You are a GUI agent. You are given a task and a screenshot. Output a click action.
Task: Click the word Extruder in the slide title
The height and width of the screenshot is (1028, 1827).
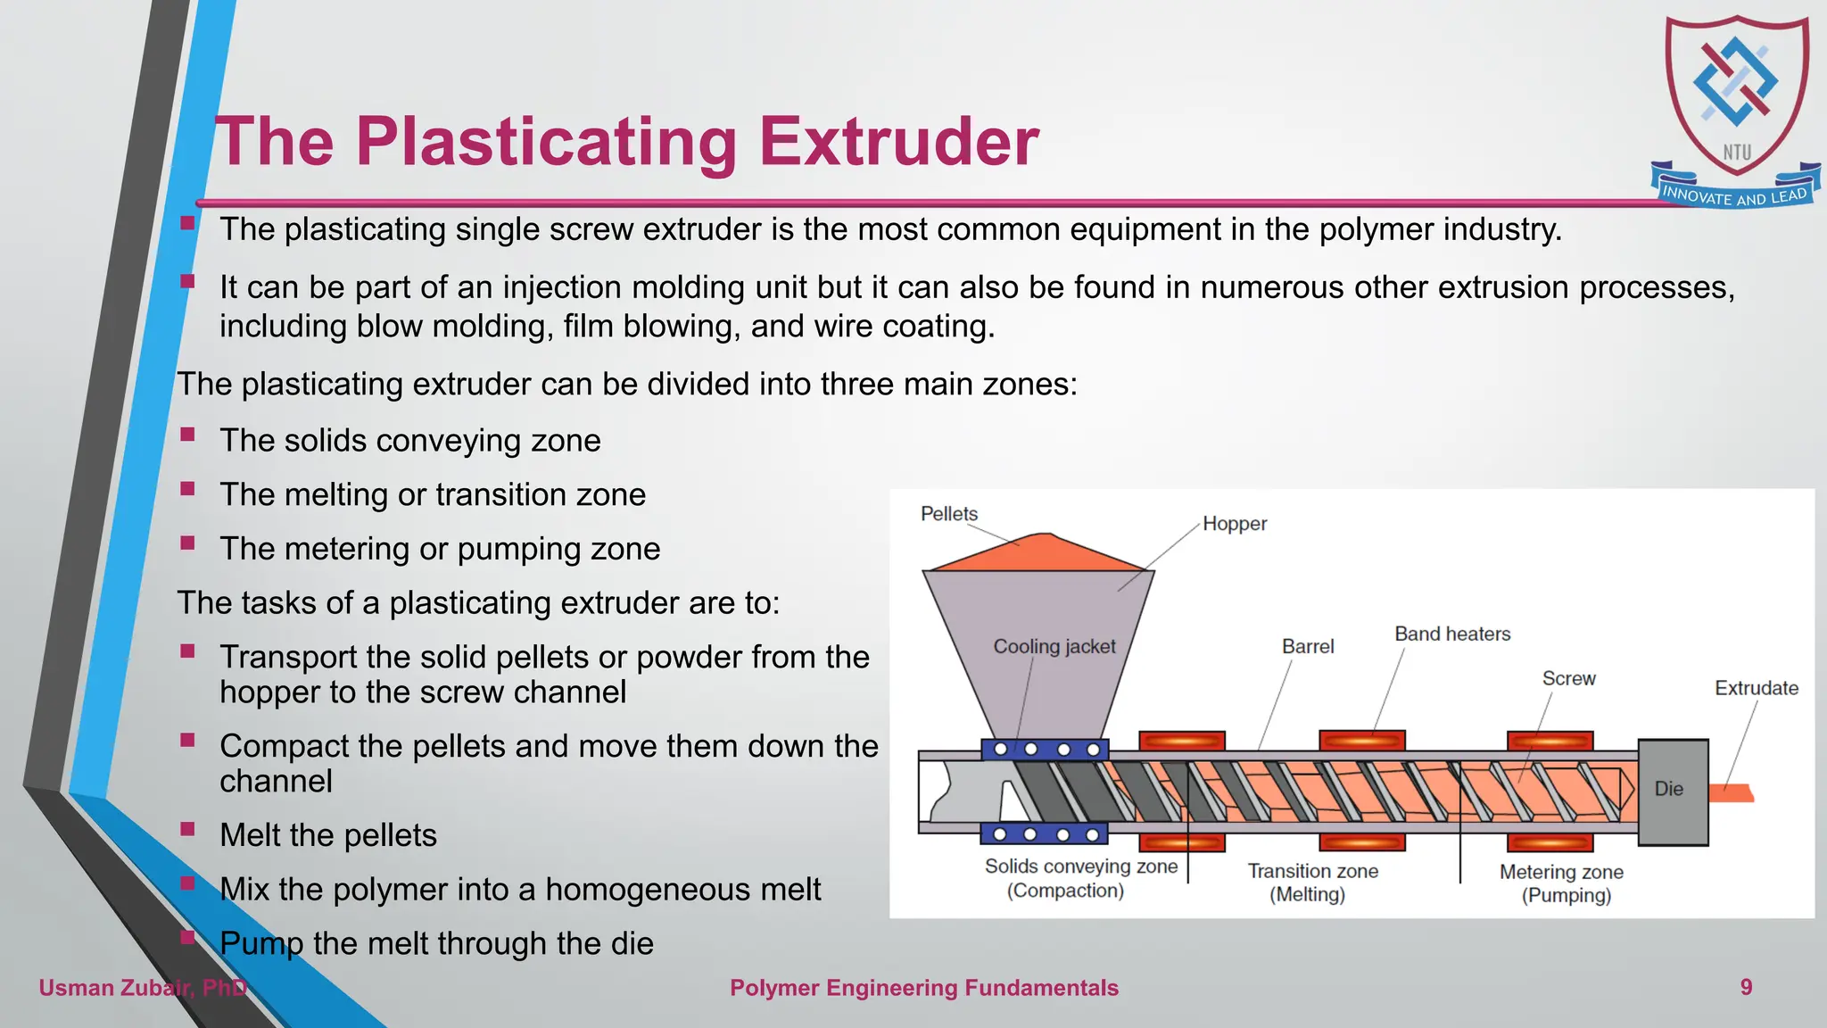[898, 143]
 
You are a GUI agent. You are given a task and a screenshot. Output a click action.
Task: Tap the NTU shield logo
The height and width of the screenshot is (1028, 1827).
[1736, 94]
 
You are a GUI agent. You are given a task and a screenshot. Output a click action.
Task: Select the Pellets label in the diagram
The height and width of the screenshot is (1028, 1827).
[948, 514]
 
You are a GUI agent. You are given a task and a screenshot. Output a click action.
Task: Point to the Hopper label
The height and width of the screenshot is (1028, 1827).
[1234, 524]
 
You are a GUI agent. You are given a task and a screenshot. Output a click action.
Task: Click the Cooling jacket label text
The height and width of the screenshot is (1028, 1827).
[1054, 647]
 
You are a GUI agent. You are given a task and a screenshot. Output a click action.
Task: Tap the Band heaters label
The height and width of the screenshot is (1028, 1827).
[1451, 634]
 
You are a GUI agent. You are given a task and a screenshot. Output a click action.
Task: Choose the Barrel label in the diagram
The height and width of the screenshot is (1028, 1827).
[1307, 647]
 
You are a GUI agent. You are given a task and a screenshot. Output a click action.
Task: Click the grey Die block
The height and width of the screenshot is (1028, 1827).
[1673, 792]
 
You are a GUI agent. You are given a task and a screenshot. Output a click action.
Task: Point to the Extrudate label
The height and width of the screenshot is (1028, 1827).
[1756, 688]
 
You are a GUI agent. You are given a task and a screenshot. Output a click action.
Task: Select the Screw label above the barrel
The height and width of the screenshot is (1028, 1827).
[1568, 679]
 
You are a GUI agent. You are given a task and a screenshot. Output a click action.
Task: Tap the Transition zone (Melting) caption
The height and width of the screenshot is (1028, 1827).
[1311, 883]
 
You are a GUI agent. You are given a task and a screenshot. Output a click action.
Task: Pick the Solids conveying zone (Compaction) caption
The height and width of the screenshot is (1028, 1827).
[1080, 878]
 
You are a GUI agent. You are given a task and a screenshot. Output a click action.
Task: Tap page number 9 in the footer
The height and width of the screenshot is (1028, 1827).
[1746, 987]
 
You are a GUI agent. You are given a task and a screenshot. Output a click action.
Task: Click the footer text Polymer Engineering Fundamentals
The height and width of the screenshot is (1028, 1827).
[923, 988]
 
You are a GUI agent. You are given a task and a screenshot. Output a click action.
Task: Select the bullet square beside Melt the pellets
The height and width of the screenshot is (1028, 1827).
[187, 829]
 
